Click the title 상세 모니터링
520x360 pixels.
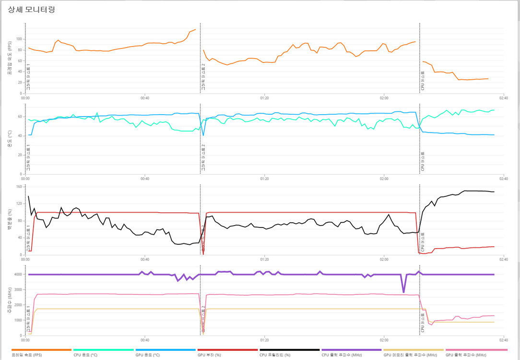point(31,9)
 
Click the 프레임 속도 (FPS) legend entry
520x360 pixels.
point(27,355)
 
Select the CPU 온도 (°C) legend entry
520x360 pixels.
point(85,355)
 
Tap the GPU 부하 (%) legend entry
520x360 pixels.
point(209,355)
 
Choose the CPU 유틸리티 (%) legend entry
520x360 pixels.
point(274,355)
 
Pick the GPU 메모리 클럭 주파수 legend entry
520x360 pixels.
point(410,355)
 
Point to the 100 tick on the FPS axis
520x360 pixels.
point(19,39)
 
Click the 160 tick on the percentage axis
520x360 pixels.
point(19,187)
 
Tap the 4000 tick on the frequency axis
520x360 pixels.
point(18,275)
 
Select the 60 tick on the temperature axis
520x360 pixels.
point(20,117)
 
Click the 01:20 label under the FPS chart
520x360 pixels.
point(264,98)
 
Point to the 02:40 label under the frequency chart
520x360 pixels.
point(503,340)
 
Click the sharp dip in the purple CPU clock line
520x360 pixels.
point(403,292)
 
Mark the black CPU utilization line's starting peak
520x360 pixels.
point(28,196)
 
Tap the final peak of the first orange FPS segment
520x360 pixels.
point(195,29)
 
